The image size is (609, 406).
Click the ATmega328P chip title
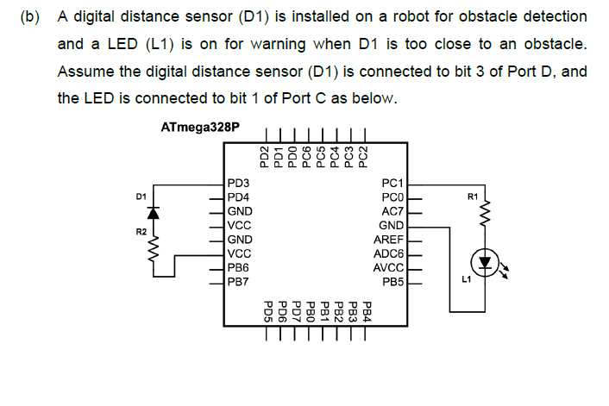(199, 128)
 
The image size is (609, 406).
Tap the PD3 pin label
(238, 184)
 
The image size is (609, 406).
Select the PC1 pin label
(392, 184)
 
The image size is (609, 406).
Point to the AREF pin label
(388, 239)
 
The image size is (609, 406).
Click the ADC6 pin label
(388, 253)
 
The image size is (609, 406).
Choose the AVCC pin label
(388, 266)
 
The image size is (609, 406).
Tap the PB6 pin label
(238, 267)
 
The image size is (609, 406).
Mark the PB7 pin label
(238, 281)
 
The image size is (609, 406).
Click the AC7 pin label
(392, 211)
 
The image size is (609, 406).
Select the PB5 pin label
(393, 281)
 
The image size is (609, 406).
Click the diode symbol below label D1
(155, 212)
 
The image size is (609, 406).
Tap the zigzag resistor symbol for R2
(155, 253)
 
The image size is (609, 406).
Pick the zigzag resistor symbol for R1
(484, 213)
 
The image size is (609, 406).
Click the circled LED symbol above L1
(484, 261)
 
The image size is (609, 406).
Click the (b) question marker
(30, 17)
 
